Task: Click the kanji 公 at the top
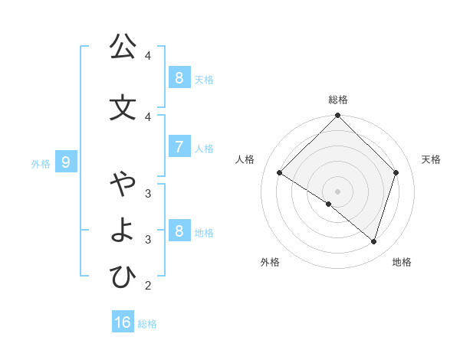click(123, 47)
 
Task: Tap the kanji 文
click(123, 107)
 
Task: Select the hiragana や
click(123, 185)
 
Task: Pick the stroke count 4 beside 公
click(148, 56)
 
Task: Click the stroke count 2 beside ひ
click(148, 286)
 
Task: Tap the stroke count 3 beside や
click(148, 193)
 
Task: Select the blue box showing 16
click(123, 322)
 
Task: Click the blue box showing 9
click(67, 162)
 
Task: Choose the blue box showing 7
click(179, 147)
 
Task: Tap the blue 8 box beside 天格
click(179, 78)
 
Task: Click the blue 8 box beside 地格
click(179, 231)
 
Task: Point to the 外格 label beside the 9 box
click(41, 164)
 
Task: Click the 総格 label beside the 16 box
click(147, 324)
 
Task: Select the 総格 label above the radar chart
click(338, 100)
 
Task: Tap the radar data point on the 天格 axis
click(396, 173)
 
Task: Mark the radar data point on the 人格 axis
click(280, 173)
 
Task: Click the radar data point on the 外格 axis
click(329, 205)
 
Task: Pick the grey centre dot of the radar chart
click(338, 191)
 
